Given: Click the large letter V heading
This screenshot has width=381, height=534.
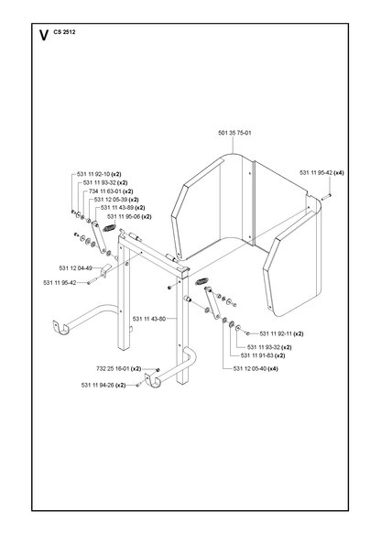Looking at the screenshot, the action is (x=44, y=36).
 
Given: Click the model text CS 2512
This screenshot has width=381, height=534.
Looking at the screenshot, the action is (x=64, y=32).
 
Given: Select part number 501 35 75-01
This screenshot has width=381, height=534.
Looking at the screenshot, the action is (x=234, y=133).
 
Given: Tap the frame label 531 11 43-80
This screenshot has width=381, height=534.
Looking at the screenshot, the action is (x=149, y=319).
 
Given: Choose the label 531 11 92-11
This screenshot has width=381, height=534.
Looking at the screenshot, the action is (x=276, y=333).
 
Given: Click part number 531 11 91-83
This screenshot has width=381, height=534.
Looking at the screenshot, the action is (x=257, y=355).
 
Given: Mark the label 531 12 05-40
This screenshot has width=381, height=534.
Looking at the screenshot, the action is (x=250, y=369).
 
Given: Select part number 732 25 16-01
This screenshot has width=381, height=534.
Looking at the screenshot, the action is (x=113, y=369).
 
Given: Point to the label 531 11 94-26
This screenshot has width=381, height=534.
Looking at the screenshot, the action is (x=98, y=386).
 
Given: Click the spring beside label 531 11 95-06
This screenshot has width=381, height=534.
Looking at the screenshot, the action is (x=110, y=227).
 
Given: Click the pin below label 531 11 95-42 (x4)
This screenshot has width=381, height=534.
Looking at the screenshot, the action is (x=326, y=197).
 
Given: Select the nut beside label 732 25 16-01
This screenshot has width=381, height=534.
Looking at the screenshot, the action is (x=158, y=370).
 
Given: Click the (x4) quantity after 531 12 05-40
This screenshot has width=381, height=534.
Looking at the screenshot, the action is (x=273, y=369).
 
